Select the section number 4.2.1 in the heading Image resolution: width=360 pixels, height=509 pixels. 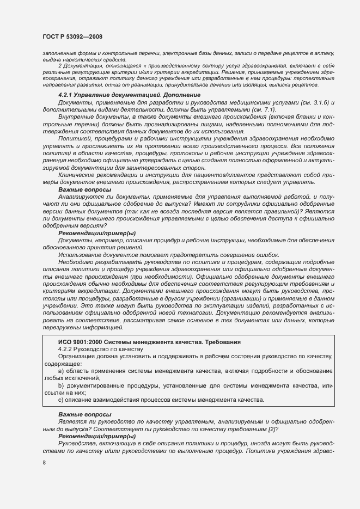pyautogui.click(x=68, y=95)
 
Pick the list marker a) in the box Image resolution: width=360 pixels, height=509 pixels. pyautogui.click(x=61, y=371)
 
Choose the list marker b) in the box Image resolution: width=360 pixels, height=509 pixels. pyautogui.click(x=61, y=385)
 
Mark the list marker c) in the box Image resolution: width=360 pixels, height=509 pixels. pyautogui.click(x=61, y=400)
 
